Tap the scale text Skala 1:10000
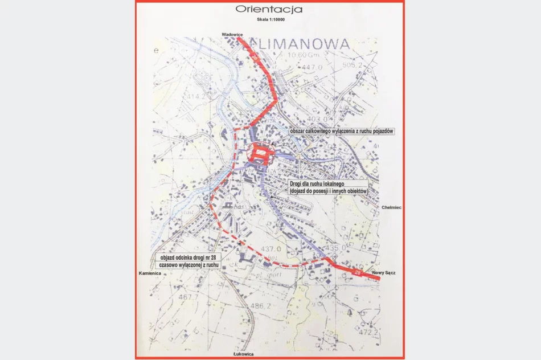coord(270,19)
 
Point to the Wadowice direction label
coord(232,34)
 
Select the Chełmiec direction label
coord(392,207)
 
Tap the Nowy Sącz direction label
coord(384,273)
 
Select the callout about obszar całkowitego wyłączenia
coord(342,131)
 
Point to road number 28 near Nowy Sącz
coord(357,273)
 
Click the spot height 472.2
coord(369,332)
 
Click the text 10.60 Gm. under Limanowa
coord(305,55)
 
